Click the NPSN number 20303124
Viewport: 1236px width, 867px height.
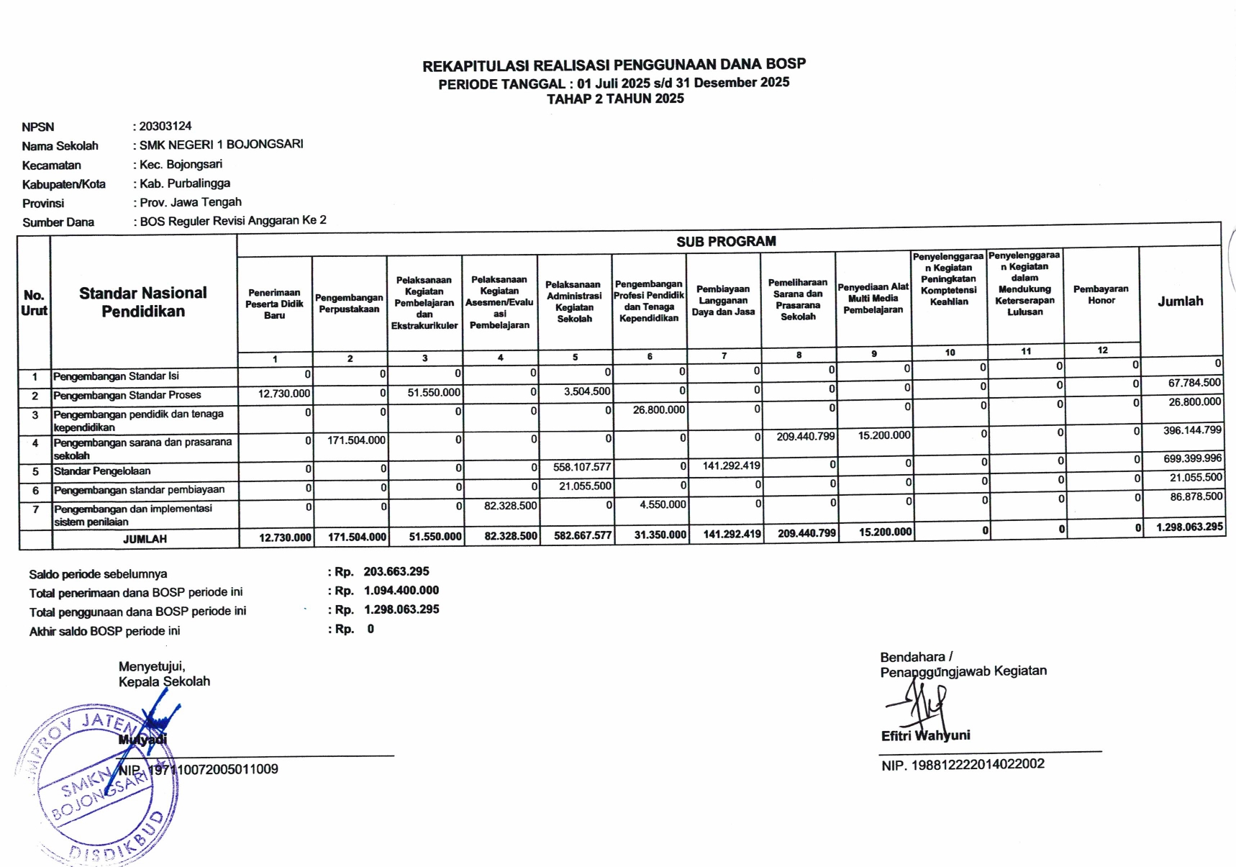(x=165, y=126)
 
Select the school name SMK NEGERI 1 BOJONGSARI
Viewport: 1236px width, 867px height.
(x=221, y=145)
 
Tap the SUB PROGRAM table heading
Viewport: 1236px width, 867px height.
(x=726, y=242)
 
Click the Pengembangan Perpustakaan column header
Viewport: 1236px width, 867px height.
(x=349, y=303)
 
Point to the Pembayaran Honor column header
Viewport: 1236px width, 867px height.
(x=1101, y=294)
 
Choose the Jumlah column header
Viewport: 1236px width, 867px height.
(x=1180, y=301)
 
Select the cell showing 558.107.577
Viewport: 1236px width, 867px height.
(x=581, y=467)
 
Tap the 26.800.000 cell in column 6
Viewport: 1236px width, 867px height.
(x=658, y=410)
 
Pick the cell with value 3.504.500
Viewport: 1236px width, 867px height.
(x=587, y=392)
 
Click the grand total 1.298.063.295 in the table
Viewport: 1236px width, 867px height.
(x=1189, y=527)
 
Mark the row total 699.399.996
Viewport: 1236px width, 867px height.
(x=1192, y=458)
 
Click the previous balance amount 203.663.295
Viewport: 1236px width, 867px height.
(x=396, y=571)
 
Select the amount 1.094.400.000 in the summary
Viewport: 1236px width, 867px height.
(x=401, y=591)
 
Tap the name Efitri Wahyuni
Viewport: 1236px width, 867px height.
(x=925, y=735)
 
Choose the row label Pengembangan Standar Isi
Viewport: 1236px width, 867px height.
(x=116, y=376)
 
